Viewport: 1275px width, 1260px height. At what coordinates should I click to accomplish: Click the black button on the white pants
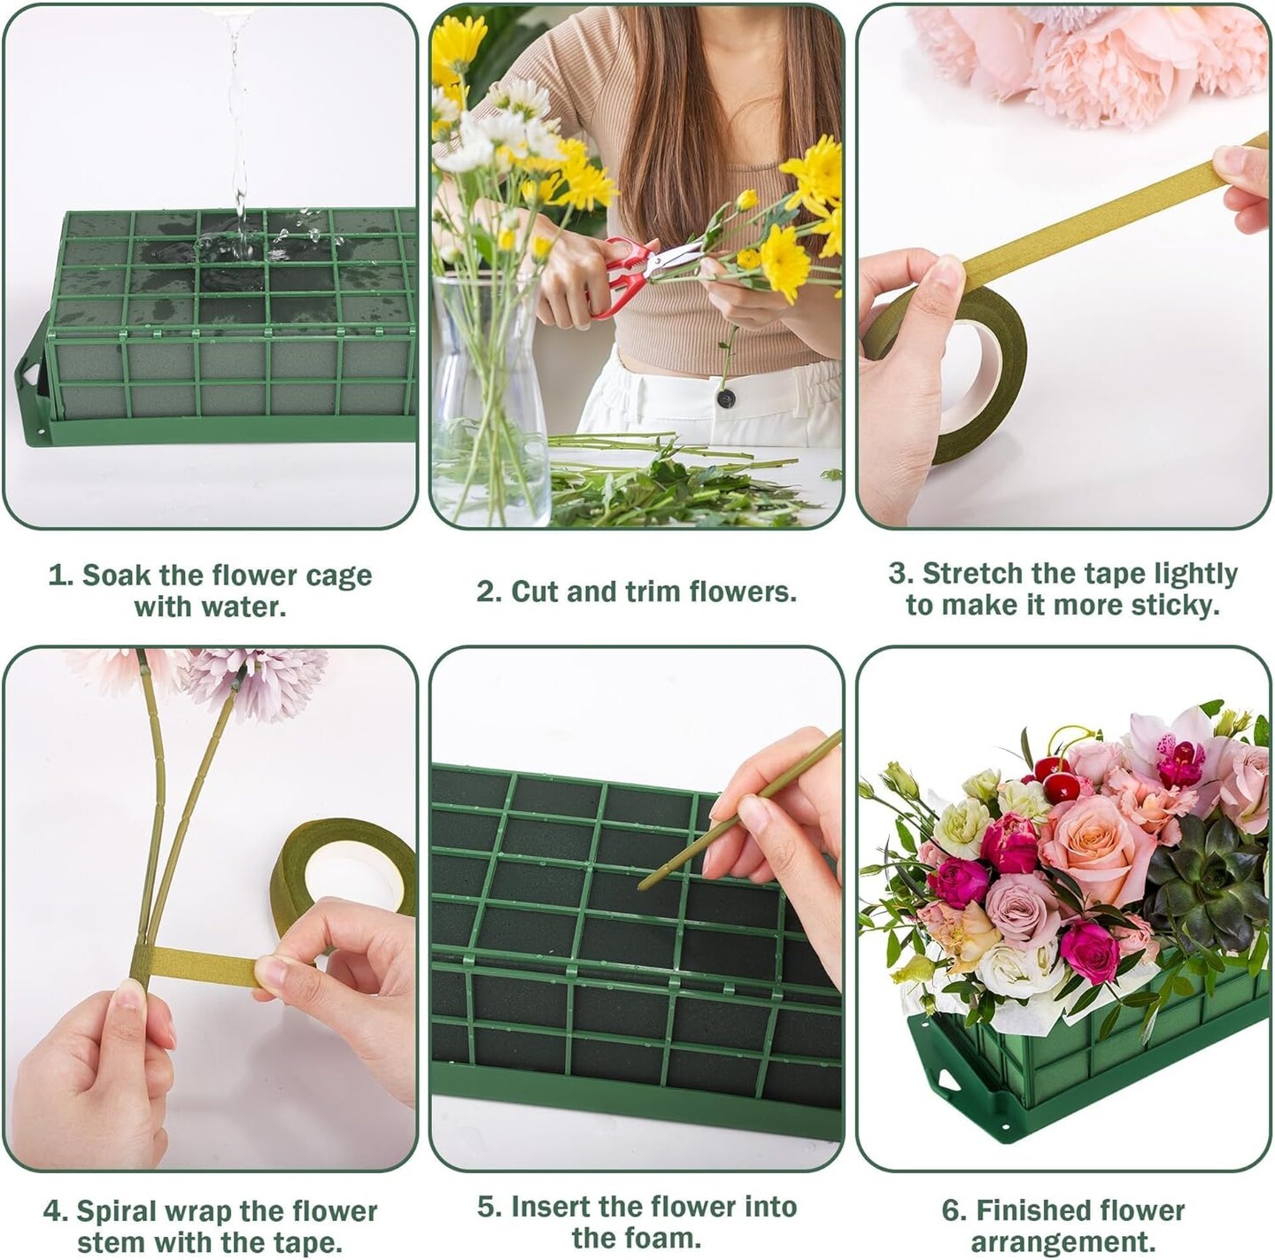click(727, 398)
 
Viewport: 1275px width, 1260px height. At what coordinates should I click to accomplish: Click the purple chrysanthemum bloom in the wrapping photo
click(261, 682)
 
